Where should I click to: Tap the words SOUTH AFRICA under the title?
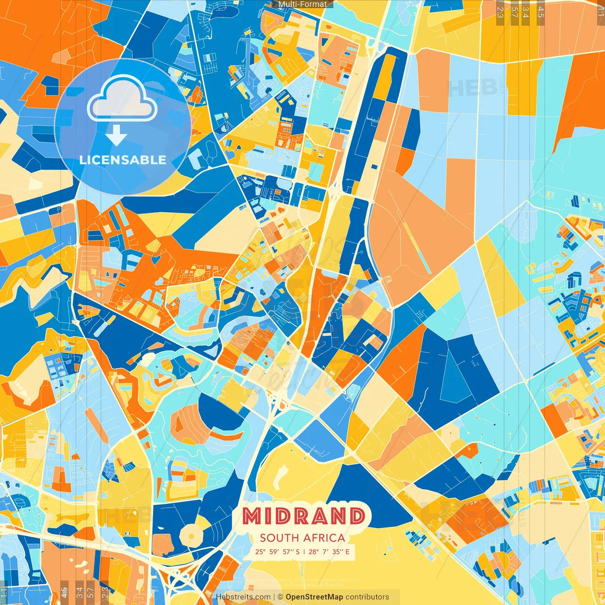[302, 538]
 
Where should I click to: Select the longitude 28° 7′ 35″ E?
[330, 552]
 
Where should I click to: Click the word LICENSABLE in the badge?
[123, 160]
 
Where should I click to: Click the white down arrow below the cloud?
[116, 136]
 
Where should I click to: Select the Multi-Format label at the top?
[302, 4]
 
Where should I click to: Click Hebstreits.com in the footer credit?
[243, 597]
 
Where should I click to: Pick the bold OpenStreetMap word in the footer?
[314, 597]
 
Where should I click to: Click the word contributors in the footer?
[367, 597]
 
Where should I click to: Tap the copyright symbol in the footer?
[280, 597]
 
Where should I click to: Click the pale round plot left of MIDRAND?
[192, 535]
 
